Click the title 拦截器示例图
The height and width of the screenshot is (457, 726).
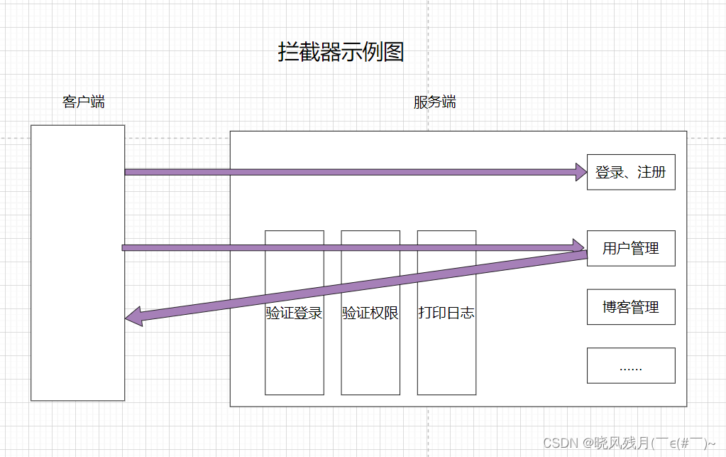(x=341, y=52)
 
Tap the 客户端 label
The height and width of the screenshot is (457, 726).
(x=84, y=102)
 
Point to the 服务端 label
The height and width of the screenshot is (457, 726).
(x=434, y=102)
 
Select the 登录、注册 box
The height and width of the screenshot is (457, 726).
(x=630, y=172)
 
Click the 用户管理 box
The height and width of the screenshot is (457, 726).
(x=630, y=248)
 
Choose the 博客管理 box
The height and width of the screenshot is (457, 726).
(x=630, y=307)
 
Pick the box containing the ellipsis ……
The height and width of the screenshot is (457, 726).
(x=630, y=366)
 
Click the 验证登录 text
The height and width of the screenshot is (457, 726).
(x=294, y=313)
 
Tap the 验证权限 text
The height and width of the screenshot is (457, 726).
(x=370, y=313)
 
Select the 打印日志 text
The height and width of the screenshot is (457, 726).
(x=446, y=313)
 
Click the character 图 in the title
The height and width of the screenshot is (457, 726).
(x=393, y=52)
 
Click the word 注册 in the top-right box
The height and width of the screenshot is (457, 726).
(x=651, y=172)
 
